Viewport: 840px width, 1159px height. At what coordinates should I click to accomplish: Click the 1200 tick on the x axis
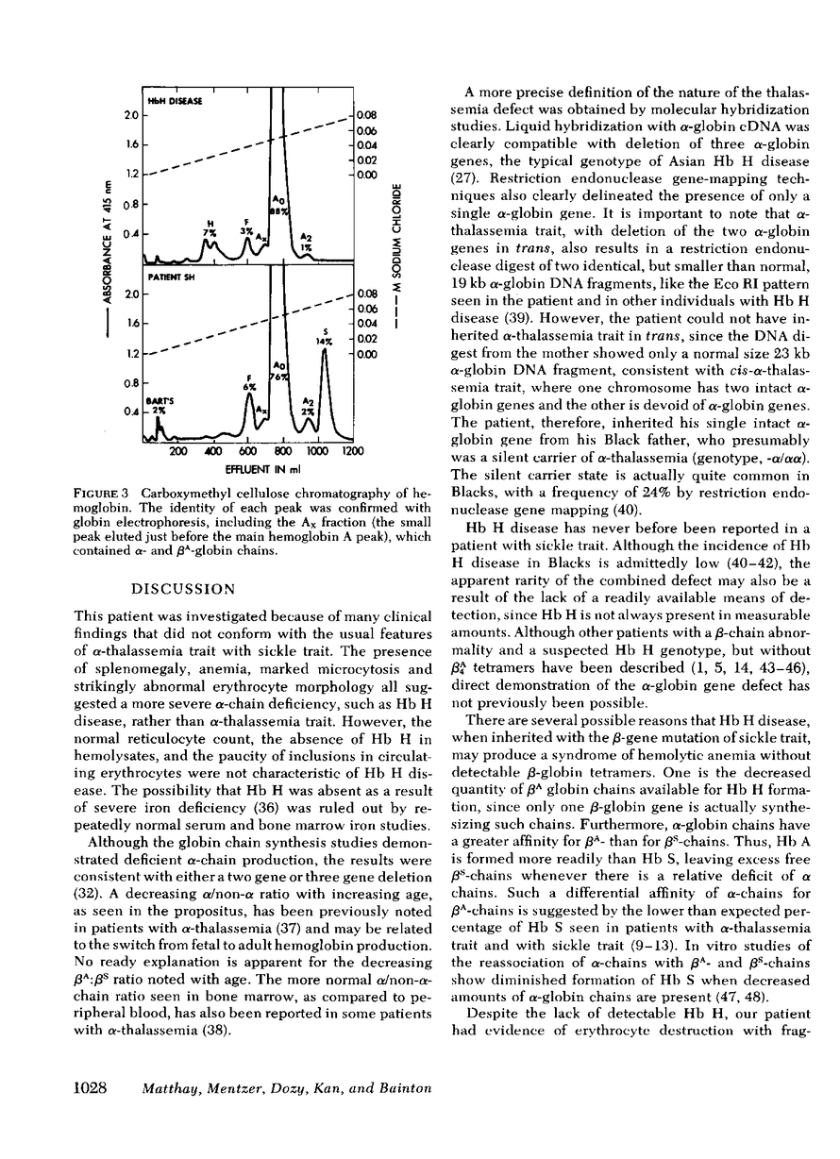[351, 452]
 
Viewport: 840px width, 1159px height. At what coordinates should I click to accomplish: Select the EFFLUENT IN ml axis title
[258, 467]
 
